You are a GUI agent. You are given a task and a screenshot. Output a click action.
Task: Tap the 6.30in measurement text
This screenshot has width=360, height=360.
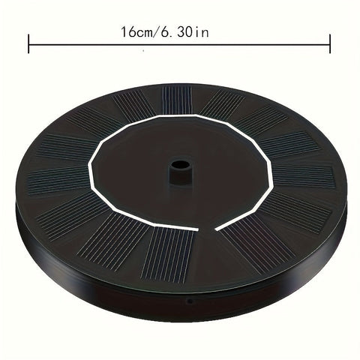[x=184, y=32]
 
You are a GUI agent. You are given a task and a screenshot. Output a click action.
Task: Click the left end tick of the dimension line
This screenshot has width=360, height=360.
[x=28, y=44]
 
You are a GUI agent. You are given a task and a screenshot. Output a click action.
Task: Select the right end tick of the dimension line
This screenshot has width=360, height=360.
[x=330, y=44]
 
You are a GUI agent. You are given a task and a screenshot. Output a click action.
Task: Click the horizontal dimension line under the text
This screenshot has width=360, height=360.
[x=179, y=45]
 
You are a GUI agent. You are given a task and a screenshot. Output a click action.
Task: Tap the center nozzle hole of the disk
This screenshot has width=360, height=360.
[x=180, y=166]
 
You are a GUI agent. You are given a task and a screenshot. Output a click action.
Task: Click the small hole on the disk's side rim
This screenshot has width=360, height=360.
[x=190, y=301]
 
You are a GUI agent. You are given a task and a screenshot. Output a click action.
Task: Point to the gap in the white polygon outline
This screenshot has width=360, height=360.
[x=207, y=229]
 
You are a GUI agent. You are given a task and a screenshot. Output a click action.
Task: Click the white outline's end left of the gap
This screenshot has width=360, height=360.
[x=197, y=229]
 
